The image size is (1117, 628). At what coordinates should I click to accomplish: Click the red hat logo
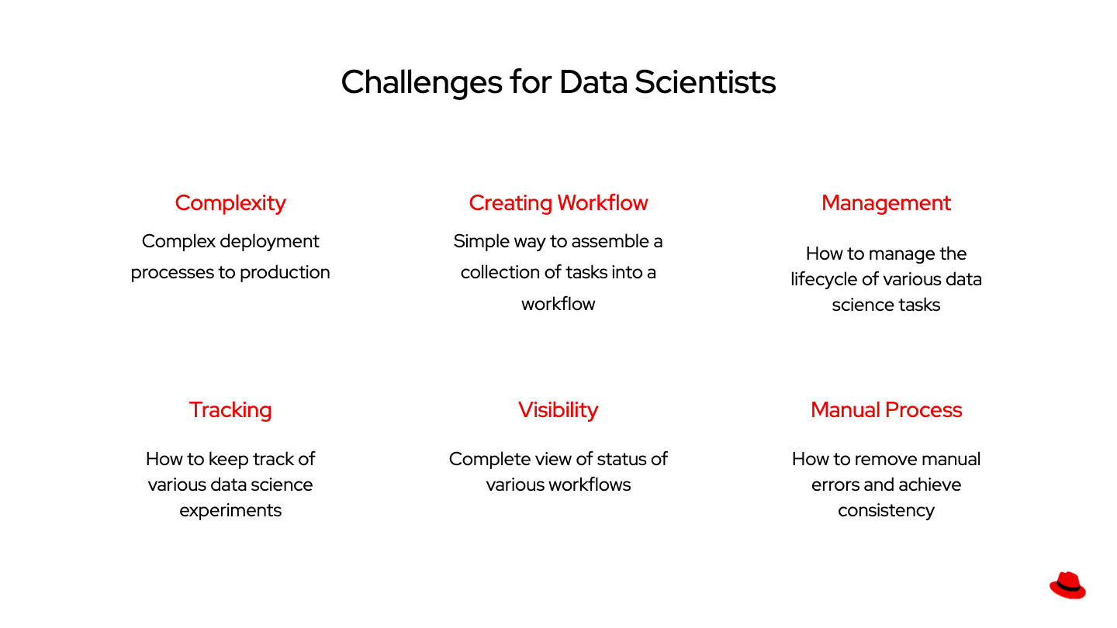click(x=1067, y=585)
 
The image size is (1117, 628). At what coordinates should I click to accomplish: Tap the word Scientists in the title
click(x=705, y=82)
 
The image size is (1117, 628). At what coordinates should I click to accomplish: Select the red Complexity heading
click(x=230, y=203)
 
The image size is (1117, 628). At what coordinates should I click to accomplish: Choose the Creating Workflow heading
click(x=558, y=203)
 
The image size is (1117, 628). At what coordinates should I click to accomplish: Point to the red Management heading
click(x=886, y=203)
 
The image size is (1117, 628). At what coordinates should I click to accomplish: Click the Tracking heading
click(x=230, y=410)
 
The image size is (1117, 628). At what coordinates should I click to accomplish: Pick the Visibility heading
click(x=558, y=410)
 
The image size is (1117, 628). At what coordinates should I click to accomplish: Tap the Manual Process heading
click(x=886, y=410)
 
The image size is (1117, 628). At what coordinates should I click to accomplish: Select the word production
click(x=285, y=273)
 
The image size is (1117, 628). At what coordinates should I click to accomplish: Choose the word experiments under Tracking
click(x=230, y=511)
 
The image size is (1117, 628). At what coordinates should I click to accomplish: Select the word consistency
click(x=886, y=511)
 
